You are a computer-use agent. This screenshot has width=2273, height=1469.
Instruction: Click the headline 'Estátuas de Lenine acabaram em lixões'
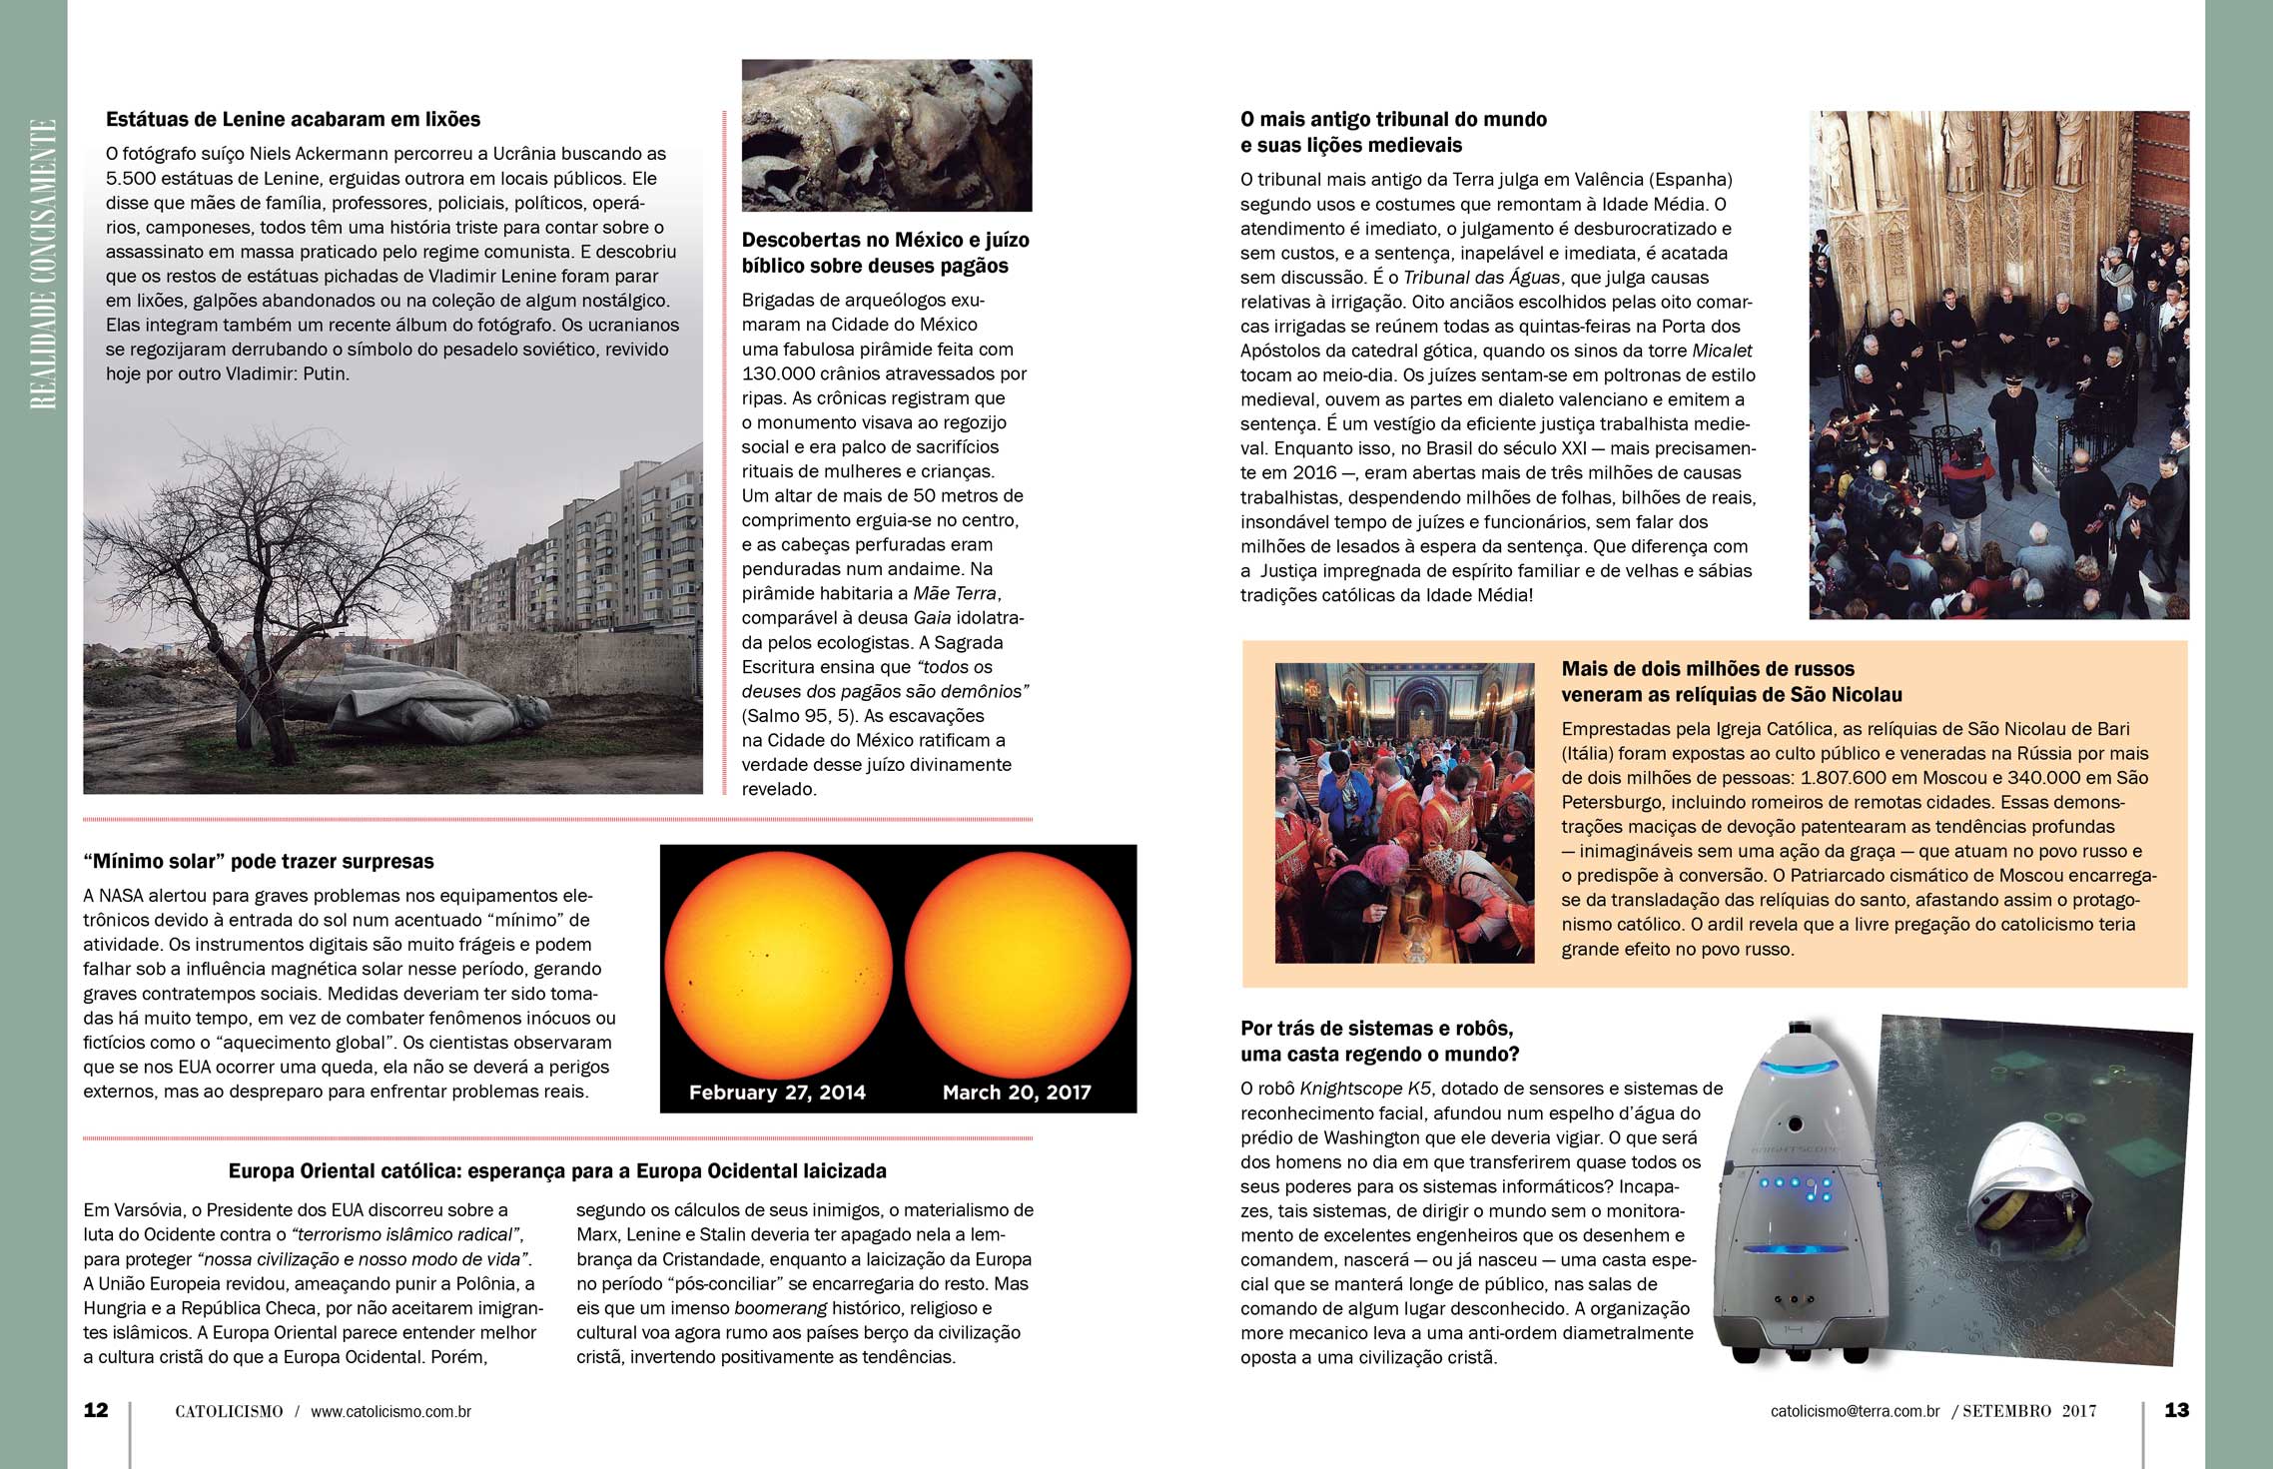[x=293, y=120]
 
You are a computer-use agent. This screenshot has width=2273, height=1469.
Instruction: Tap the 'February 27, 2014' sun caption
[x=777, y=1093]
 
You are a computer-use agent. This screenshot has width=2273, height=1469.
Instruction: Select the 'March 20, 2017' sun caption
[x=1017, y=1093]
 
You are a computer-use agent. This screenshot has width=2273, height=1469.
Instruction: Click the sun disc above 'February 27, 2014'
[x=778, y=965]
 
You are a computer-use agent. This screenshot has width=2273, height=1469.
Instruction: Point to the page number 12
[x=96, y=1410]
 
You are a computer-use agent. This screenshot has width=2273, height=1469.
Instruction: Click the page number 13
[x=2176, y=1410]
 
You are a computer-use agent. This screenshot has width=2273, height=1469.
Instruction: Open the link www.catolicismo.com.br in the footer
[x=390, y=1412]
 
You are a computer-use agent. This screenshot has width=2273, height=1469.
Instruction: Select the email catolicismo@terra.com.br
[x=1855, y=1412]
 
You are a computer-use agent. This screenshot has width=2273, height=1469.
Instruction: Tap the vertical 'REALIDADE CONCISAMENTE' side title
[x=42, y=265]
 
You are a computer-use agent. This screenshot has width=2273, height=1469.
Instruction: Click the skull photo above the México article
[x=887, y=135]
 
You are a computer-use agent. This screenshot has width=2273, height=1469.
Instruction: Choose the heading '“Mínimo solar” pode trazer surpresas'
[x=259, y=862]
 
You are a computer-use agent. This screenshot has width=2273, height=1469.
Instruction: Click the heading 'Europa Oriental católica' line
[x=557, y=1171]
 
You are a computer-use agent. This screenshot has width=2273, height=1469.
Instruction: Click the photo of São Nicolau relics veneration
[x=1404, y=813]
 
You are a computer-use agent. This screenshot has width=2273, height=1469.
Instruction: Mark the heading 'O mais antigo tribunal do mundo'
[x=1393, y=120]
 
